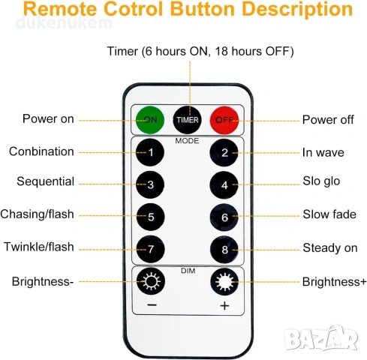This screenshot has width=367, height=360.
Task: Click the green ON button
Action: pos(150,120)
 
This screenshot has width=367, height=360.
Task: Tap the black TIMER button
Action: pos(187,120)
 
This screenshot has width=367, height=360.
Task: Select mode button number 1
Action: pos(150,152)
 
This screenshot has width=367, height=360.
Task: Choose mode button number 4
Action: pos(224,185)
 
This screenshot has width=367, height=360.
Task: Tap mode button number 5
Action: pos(151,217)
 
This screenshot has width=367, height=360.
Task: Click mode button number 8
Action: pos(224,250)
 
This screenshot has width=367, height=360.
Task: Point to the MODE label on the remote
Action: pos(187,141)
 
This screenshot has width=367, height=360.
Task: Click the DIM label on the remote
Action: pos(188,271)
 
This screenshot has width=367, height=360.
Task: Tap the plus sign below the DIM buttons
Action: pos(224,305)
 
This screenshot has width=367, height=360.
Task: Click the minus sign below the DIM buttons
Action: pos(152,305)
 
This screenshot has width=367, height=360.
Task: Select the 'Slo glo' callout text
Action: pos(321,181)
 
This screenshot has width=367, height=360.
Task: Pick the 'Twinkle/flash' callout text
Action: pos(39,247)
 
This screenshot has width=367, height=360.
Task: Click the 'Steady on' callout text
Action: pos(330,248)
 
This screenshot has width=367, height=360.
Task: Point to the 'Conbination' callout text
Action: pos(41,151)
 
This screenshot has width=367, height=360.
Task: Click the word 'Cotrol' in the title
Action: pos(133,9)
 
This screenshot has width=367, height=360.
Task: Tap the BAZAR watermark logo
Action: pos(321,338)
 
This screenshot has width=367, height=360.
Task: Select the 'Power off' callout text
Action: pos(328,120)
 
